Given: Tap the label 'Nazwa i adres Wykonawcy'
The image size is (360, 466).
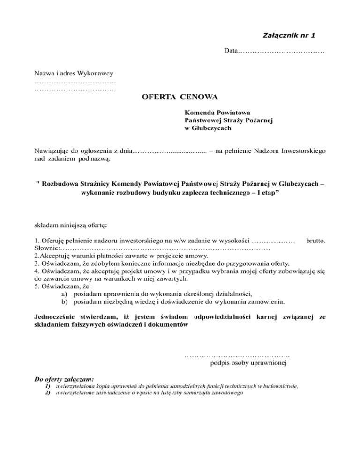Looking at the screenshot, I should [x=75, y=73].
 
